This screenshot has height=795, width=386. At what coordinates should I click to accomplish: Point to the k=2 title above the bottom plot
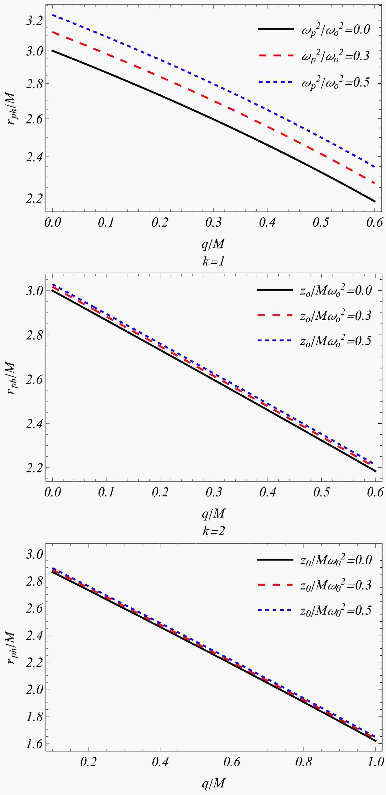(x=213, y=531)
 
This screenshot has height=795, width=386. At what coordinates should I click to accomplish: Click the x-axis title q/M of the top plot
(x=213, y=244)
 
